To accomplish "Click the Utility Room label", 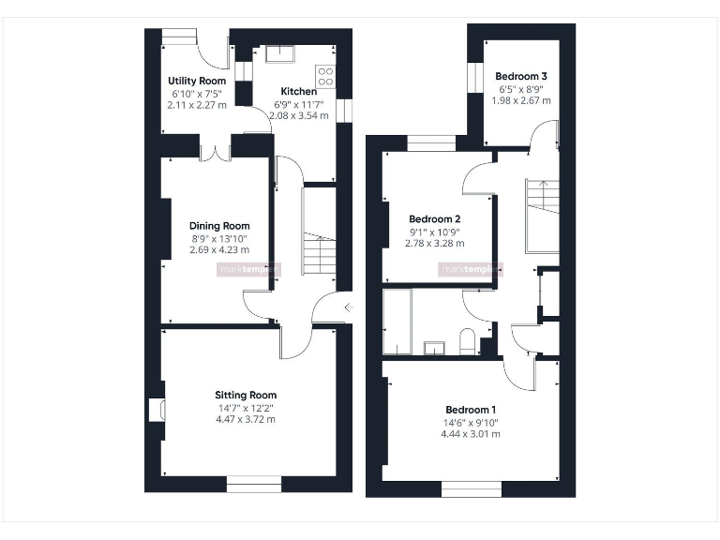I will [197, 82].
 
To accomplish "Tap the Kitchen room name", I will [298, 91].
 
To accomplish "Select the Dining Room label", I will [219, 226].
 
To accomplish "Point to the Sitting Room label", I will [246, 395].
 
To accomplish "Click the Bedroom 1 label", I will [471, 410].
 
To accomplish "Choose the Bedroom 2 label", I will [434, 219].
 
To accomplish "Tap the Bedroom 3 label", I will [521, 76].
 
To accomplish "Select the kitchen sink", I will [279, 52].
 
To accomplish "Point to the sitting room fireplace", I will [157, 410].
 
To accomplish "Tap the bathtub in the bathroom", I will [397, 322].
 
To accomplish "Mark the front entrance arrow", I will [348, 307].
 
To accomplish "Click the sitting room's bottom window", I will [253, 484].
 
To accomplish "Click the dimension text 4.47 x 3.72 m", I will [246, 419].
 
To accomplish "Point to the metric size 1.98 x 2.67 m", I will [521, 100].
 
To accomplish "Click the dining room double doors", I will [217, 151].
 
